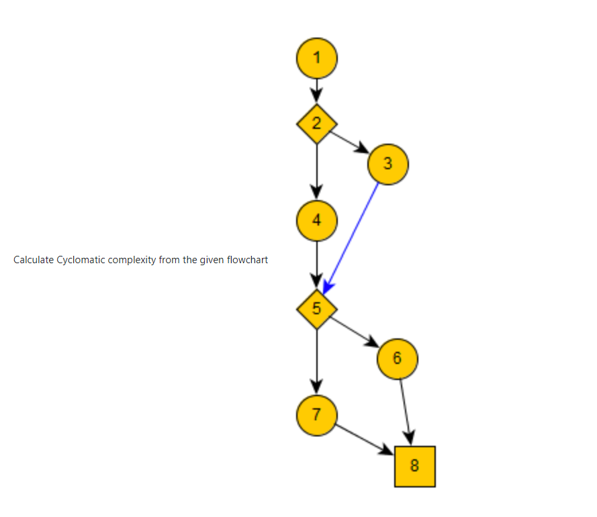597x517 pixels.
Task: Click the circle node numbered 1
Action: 317,58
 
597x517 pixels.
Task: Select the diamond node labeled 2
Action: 317,123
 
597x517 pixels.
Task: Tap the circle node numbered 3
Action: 388,163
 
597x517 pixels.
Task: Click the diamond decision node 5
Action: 317,309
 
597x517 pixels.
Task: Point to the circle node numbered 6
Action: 398,358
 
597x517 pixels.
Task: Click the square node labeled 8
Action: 414,466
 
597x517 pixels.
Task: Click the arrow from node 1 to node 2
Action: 317,88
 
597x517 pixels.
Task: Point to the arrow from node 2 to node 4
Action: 317,168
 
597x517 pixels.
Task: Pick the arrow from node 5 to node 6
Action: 354,331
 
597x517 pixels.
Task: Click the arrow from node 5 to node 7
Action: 317,359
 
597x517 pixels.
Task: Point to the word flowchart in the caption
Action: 247,260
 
